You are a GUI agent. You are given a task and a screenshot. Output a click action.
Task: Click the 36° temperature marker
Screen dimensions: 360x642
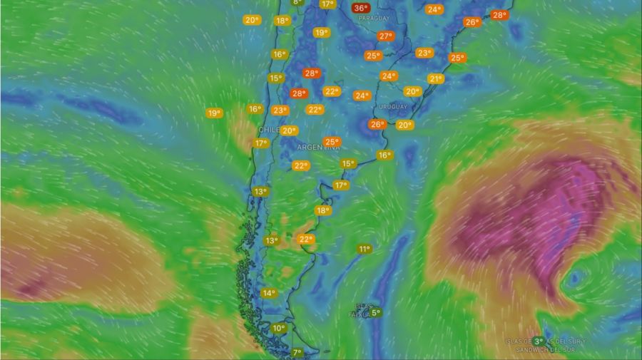coord(361,9)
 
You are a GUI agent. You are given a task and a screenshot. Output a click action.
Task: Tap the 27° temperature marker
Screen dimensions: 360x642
coord(386,36)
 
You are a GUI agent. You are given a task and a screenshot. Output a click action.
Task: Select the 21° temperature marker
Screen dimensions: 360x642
coord(435,78)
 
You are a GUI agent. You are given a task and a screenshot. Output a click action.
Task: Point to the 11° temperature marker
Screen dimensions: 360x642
coord(365,249)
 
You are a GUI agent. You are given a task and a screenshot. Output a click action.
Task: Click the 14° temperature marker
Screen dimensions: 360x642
coord(268,293)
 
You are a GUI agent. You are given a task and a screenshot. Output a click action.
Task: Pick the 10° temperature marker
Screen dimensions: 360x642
coord(278,328)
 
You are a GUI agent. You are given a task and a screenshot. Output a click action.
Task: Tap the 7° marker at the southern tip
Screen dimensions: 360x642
coord(297,352)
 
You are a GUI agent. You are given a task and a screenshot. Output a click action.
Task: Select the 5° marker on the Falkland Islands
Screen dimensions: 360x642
coord(376,312)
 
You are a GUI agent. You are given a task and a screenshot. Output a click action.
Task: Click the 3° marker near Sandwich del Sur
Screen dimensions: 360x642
coord(538,341)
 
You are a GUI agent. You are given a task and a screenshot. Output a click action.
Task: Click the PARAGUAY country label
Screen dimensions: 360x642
coord(374,18)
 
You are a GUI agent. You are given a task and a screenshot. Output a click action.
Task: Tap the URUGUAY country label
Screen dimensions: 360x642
coord(394,107)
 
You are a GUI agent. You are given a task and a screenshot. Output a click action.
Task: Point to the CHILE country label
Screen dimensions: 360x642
coord(269,130)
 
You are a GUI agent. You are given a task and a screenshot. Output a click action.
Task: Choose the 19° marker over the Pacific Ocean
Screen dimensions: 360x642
coord(214,113)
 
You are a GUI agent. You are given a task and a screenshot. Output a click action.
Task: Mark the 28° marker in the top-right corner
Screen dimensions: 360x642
coord(499,15)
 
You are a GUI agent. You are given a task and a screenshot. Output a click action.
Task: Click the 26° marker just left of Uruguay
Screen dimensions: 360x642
coord(377,125)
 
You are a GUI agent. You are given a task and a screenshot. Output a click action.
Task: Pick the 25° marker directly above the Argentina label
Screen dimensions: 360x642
coord(332,142)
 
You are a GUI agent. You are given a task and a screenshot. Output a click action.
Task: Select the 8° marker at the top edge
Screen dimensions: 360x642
coord(297,2)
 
